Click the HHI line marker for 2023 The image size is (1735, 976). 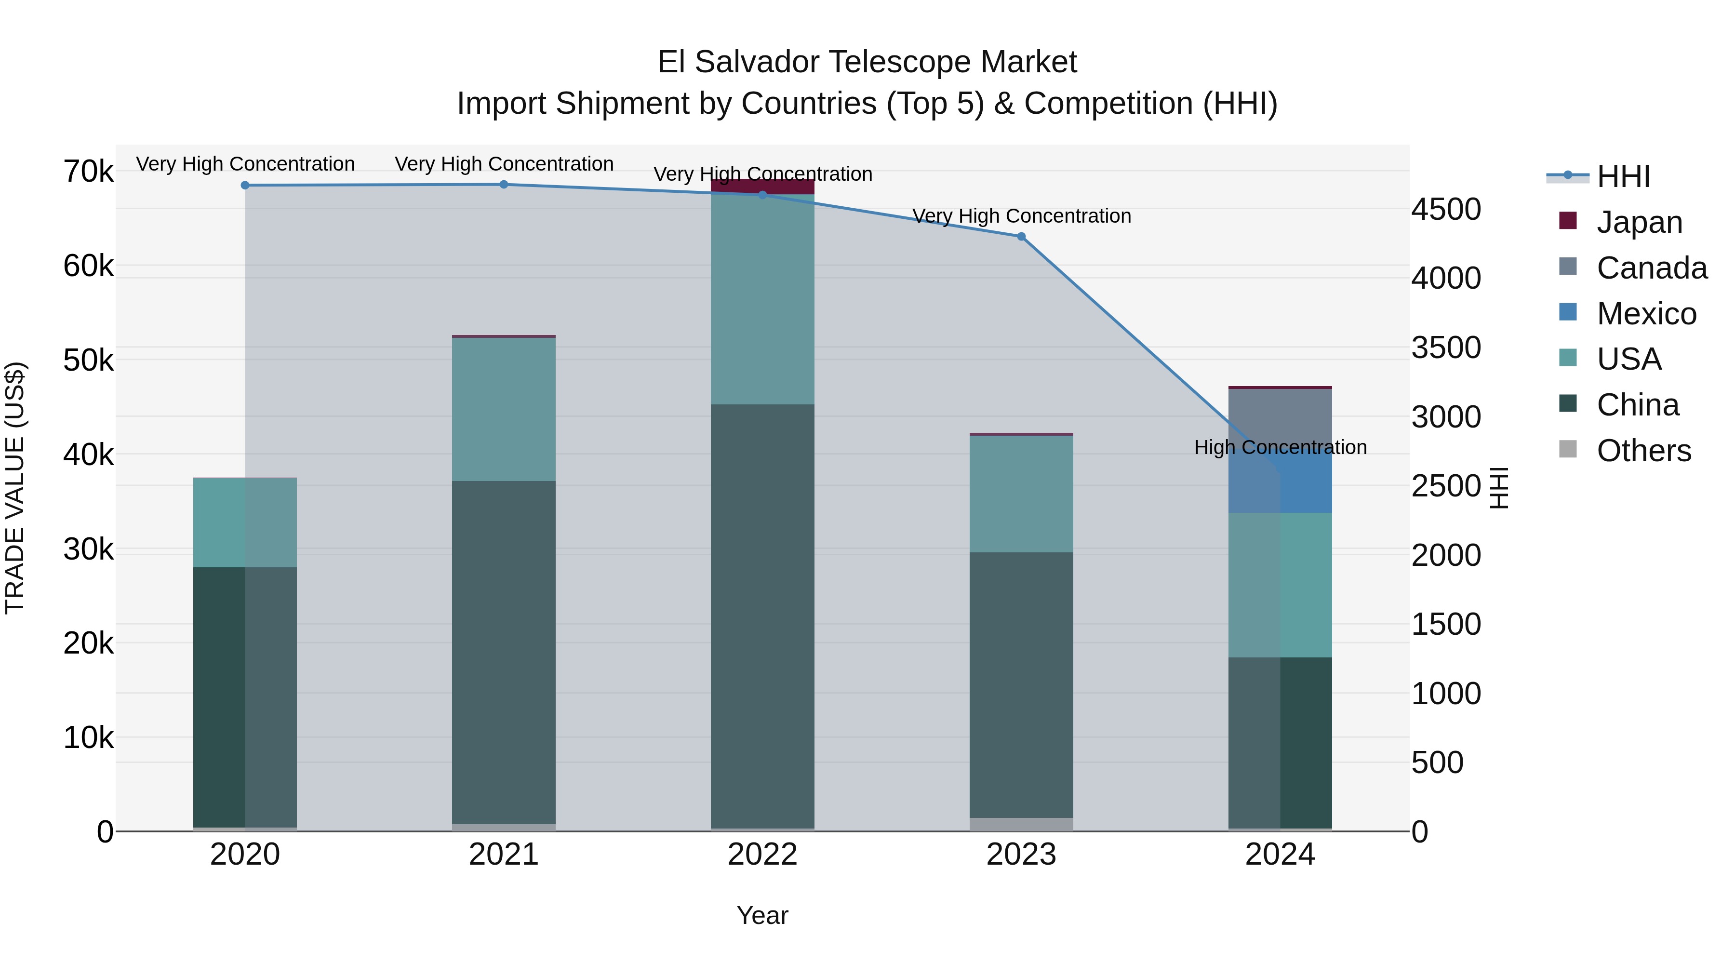[1021, 237]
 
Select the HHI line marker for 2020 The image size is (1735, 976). [245, 185]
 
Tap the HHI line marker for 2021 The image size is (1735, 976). [504, 185]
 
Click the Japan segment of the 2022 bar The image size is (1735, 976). [762, 187]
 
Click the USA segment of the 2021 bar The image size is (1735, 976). [504, 410]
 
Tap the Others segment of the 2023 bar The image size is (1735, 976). [1021, 825]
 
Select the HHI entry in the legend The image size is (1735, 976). [1623, 176]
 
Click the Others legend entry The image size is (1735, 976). [1643, 451]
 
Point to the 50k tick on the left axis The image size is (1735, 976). [88, 361]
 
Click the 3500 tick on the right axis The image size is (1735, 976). [1446, 348]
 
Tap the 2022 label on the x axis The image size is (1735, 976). [762, 855]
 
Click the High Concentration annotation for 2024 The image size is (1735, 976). [1280, 447]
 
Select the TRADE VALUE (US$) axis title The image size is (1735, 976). [15, 488]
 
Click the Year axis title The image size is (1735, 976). [762, 915]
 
